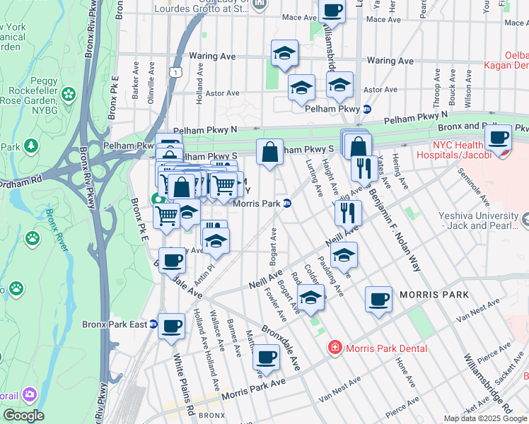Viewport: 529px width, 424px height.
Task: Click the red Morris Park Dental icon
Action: click(335, 348)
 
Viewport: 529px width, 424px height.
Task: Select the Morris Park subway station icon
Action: click(287, 204)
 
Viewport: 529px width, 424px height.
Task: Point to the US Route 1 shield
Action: click(174, 72)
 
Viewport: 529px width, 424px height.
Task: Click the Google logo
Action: click(24, 416)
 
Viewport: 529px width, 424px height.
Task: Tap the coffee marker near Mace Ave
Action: click(332, 11)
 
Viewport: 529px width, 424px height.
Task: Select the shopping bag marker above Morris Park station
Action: click(269, 151)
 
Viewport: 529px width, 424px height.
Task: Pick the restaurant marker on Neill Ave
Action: click(348, 211)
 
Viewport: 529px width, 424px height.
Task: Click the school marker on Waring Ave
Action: click(284, 53)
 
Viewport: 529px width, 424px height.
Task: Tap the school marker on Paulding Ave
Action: click(344, 255)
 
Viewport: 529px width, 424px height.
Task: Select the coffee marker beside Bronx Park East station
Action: click(171, 326)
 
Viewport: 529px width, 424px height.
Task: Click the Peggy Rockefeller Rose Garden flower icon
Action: click(69, 93)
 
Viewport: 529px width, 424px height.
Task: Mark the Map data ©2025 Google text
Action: click(484, 418)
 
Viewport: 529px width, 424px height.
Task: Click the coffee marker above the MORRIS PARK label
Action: click(378, 299)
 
